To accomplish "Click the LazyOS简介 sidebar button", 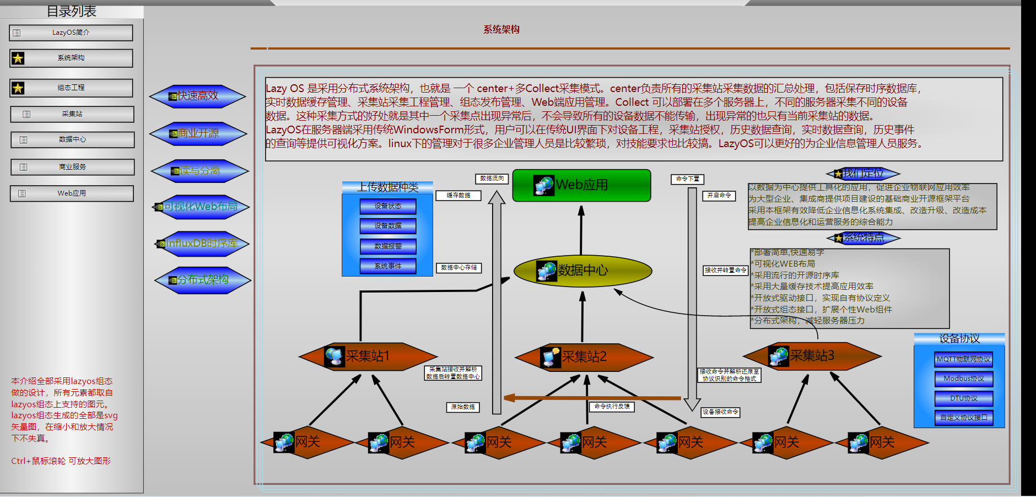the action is (x=71, y=33).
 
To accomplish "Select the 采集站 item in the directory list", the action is (x=72, y=114).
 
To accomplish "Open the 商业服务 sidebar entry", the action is (x=72, y=167).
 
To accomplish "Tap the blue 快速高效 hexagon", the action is (x=197, y=96).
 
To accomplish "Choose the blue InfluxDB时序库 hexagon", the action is (x=202, y=244).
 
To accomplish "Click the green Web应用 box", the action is (x=581, y=185).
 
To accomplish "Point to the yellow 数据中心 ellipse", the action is (x=582, y=270).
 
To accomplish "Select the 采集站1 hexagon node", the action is (x=368, y=356).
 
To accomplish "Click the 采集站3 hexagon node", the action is (x=812, y=356).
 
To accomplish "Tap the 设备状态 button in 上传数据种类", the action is (x=388, y=206).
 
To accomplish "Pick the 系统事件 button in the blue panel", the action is (x=388, y=266).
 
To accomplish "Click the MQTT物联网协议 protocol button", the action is (x=963, y=359).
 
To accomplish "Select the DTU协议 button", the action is (x=963, y=398).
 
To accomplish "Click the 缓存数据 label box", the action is (x=458, y=196).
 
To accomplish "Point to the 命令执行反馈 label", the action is (x=612, y=407).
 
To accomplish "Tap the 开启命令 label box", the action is (x=719, y=196).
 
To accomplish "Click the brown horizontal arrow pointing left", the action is (x=592, y=397).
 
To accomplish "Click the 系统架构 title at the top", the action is (x=501, y=30).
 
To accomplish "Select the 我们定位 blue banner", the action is (x=863, y=174).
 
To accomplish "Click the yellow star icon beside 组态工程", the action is (x=18, y=88).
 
